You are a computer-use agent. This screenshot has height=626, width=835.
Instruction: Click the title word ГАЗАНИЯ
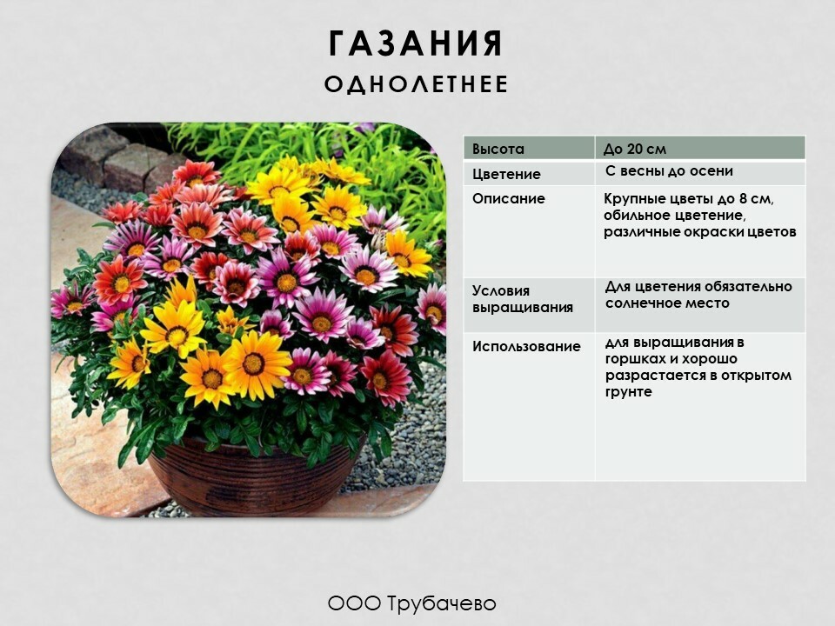click(416, 43)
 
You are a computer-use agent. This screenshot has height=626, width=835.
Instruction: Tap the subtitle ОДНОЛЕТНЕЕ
click(417, 84)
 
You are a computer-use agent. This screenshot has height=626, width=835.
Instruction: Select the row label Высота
click(498, 149)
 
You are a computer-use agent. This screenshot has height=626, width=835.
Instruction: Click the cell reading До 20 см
click(634, 149)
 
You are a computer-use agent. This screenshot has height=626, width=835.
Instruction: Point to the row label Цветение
click(506, 175)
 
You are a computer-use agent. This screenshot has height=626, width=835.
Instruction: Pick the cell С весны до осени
click(670, 171)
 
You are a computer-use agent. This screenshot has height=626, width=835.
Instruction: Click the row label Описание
click(509, 199)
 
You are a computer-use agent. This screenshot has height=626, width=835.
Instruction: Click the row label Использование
click(526, 347)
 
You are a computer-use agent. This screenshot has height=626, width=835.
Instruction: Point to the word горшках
click(632, 359)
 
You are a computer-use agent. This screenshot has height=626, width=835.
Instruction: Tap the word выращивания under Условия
click(523, 308)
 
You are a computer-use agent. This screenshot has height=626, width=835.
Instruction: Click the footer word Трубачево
click(442, 603)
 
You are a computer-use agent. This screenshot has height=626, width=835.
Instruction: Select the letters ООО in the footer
click(354, 603)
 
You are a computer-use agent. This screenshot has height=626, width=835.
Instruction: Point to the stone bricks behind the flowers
click(115, 158)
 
